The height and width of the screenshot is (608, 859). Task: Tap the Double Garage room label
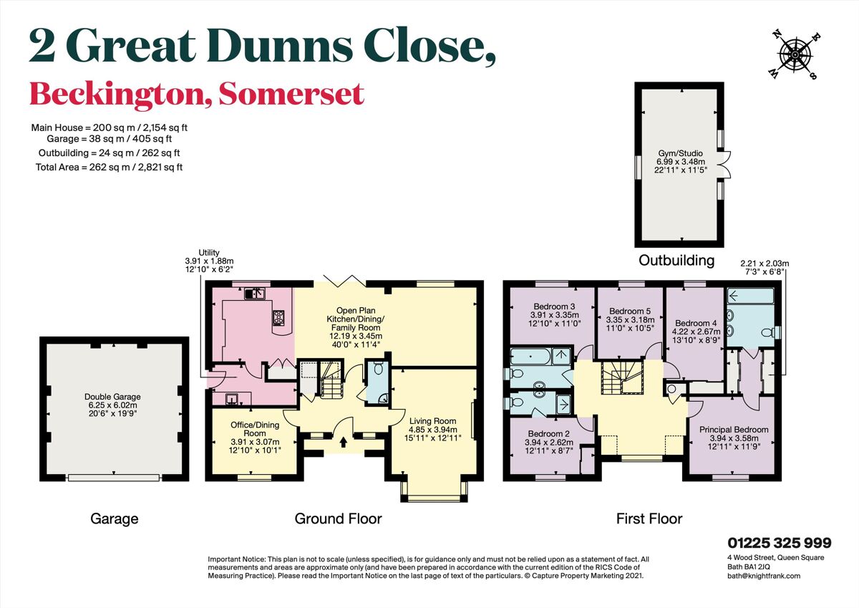point(112,406)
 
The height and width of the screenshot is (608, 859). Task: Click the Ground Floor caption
point(338,518)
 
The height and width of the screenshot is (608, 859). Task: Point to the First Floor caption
point(649,518)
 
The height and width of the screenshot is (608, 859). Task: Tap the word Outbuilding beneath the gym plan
point(676,260)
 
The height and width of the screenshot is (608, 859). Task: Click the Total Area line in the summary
point(109,167)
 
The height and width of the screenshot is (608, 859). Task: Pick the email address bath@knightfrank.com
point(763,575)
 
